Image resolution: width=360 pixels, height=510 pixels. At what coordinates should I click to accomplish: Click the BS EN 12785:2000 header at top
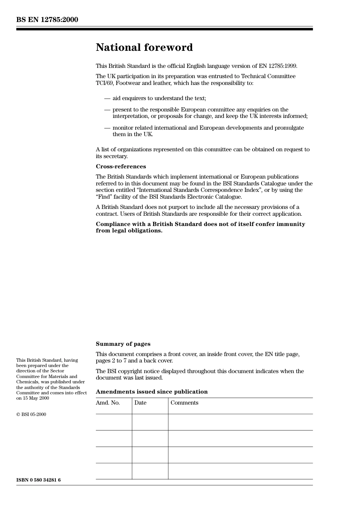(47, 20)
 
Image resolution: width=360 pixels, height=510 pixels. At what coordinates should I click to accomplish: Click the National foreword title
(144, 47)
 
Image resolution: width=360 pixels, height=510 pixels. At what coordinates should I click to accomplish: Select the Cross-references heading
(121, 166)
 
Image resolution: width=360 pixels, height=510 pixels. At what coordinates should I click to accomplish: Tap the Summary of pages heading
(123, 344)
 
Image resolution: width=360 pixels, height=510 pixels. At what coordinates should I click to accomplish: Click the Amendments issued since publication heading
(152, 392)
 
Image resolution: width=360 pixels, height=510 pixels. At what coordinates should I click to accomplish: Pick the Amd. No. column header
(108, 403)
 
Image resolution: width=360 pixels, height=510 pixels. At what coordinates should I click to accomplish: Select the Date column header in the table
(140, 403)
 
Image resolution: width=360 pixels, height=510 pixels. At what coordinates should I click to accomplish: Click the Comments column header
(184, 403)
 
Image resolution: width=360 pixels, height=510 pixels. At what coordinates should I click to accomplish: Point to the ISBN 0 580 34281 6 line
(38, 480)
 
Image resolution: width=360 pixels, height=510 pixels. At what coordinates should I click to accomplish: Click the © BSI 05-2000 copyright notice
(31, 414)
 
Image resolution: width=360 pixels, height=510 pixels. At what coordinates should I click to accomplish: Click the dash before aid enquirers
(107, 98)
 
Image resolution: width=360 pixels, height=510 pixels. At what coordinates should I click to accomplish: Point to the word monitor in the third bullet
(123, 128)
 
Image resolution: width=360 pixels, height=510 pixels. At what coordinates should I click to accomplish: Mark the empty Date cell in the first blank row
(150, 422)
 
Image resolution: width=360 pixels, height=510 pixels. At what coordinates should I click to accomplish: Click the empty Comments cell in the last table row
(240, 471)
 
